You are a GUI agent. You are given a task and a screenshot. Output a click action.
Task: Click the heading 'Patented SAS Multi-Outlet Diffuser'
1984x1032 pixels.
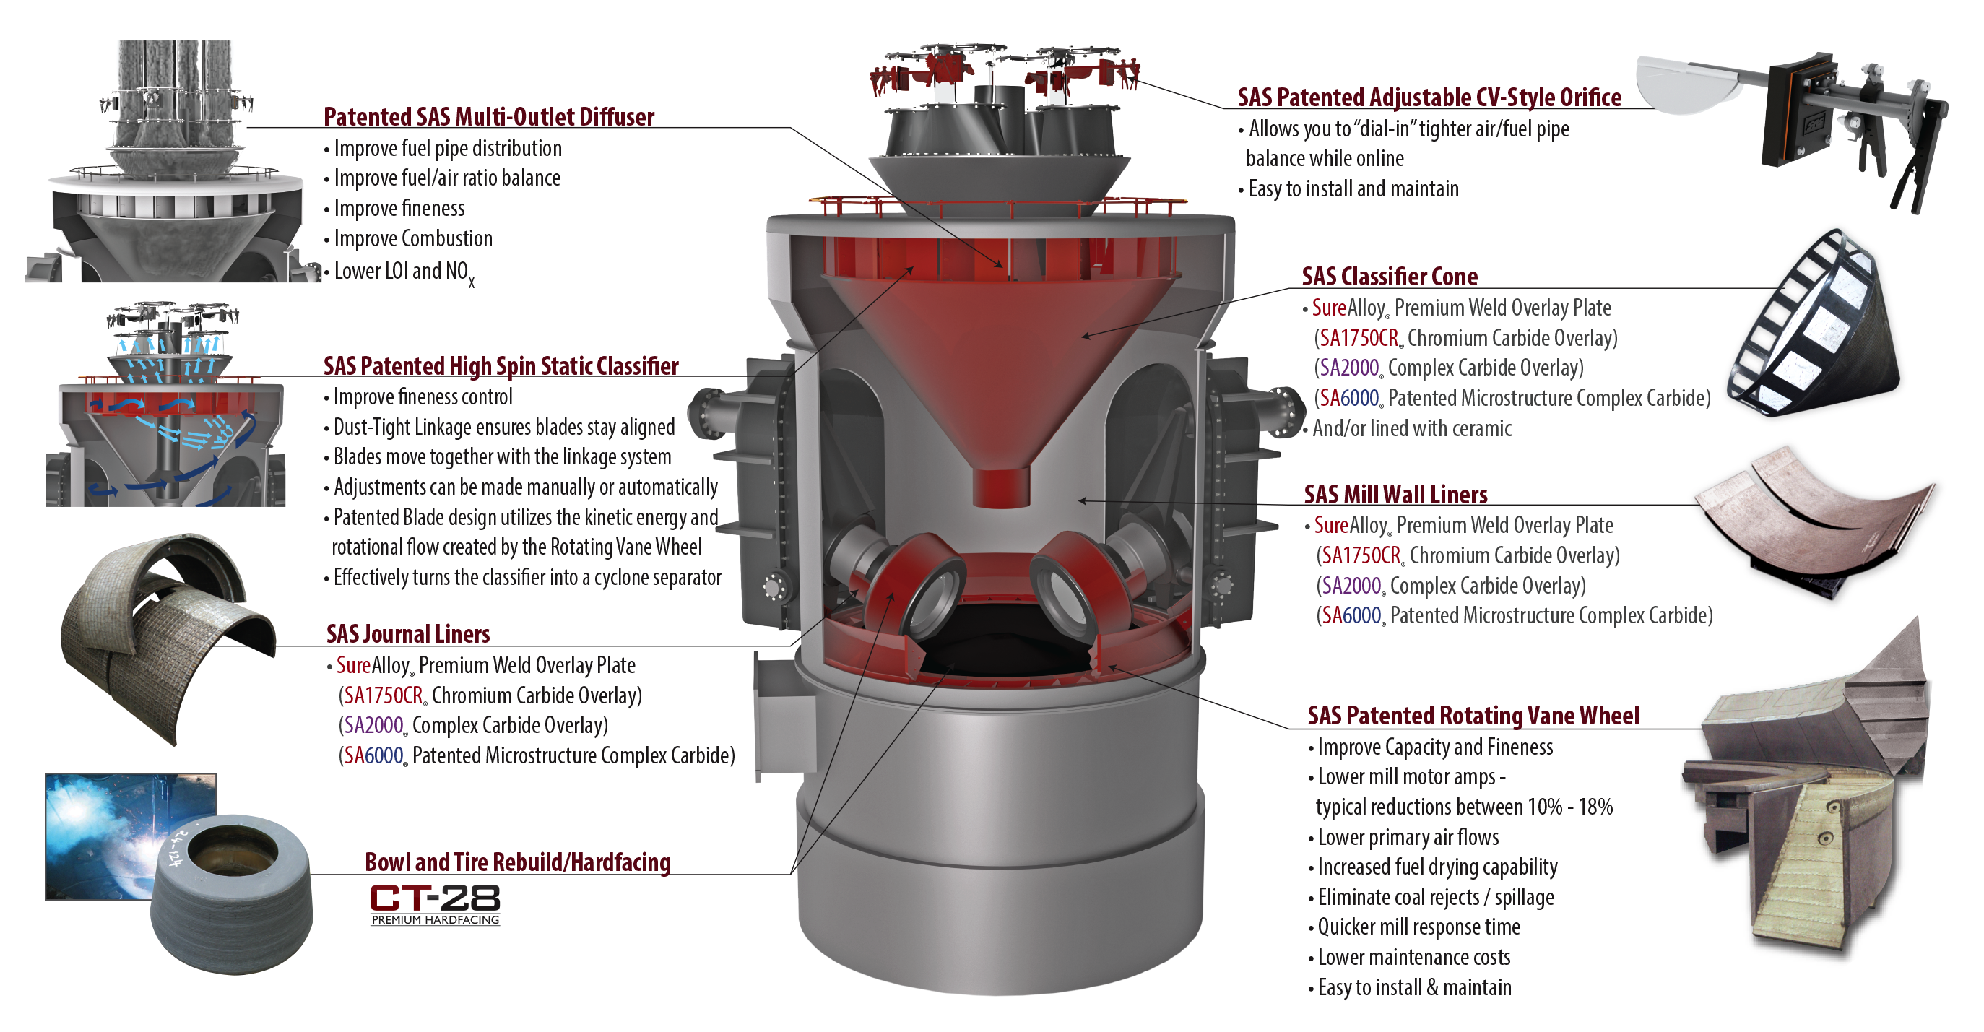[488, 117]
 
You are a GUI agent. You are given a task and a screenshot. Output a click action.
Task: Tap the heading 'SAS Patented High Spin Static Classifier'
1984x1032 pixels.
[501, 366]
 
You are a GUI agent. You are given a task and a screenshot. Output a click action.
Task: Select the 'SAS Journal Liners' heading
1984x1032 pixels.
[408, 634]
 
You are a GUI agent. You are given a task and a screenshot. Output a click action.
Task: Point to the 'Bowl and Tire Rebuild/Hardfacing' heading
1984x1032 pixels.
[518, 862]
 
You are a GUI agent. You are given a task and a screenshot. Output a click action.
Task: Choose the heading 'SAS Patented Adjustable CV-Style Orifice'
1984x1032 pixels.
[1429, 97]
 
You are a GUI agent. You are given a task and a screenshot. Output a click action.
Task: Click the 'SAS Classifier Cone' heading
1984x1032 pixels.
[1390, 276]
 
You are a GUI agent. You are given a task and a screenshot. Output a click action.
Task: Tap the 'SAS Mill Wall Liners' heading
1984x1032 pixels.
[1395, 495]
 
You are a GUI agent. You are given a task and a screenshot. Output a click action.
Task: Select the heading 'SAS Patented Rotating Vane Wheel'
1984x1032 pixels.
[1473, 716]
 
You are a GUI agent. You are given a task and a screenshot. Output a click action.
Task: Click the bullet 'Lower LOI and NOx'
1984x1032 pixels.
[404, 272]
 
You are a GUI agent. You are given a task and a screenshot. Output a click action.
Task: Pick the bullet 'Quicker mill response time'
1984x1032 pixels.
[1418, 927]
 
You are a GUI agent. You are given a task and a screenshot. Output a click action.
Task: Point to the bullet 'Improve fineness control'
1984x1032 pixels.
[423, 396]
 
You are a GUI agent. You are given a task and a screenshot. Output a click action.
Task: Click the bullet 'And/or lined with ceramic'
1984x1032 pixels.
[1412, 428]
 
